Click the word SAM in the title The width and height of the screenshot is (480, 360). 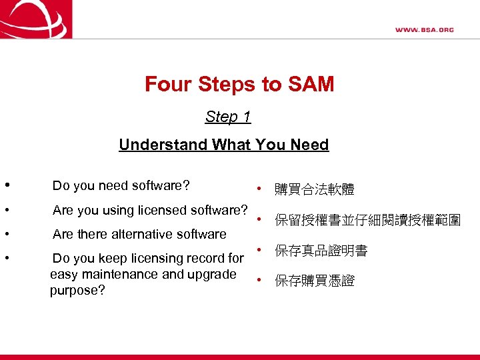pyautogui.click(x=310, y=85)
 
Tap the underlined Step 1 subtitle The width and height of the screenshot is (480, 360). pyautogui.click(x=228, y=117)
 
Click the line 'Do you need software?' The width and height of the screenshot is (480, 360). pyautogui.click(x=121, y=185)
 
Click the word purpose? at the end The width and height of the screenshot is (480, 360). pyautogui.click(x=77, y=291)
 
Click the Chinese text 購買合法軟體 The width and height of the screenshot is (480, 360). pyautogui.click(x=314, y=191)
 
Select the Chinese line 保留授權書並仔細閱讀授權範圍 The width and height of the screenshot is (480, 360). pyautogui.click(x=367, y=221)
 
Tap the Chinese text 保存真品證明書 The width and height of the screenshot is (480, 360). pyautogui.click(x=321, y=251)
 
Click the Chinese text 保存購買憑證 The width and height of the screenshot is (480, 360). pyautogui.click(x=314, y=281)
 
